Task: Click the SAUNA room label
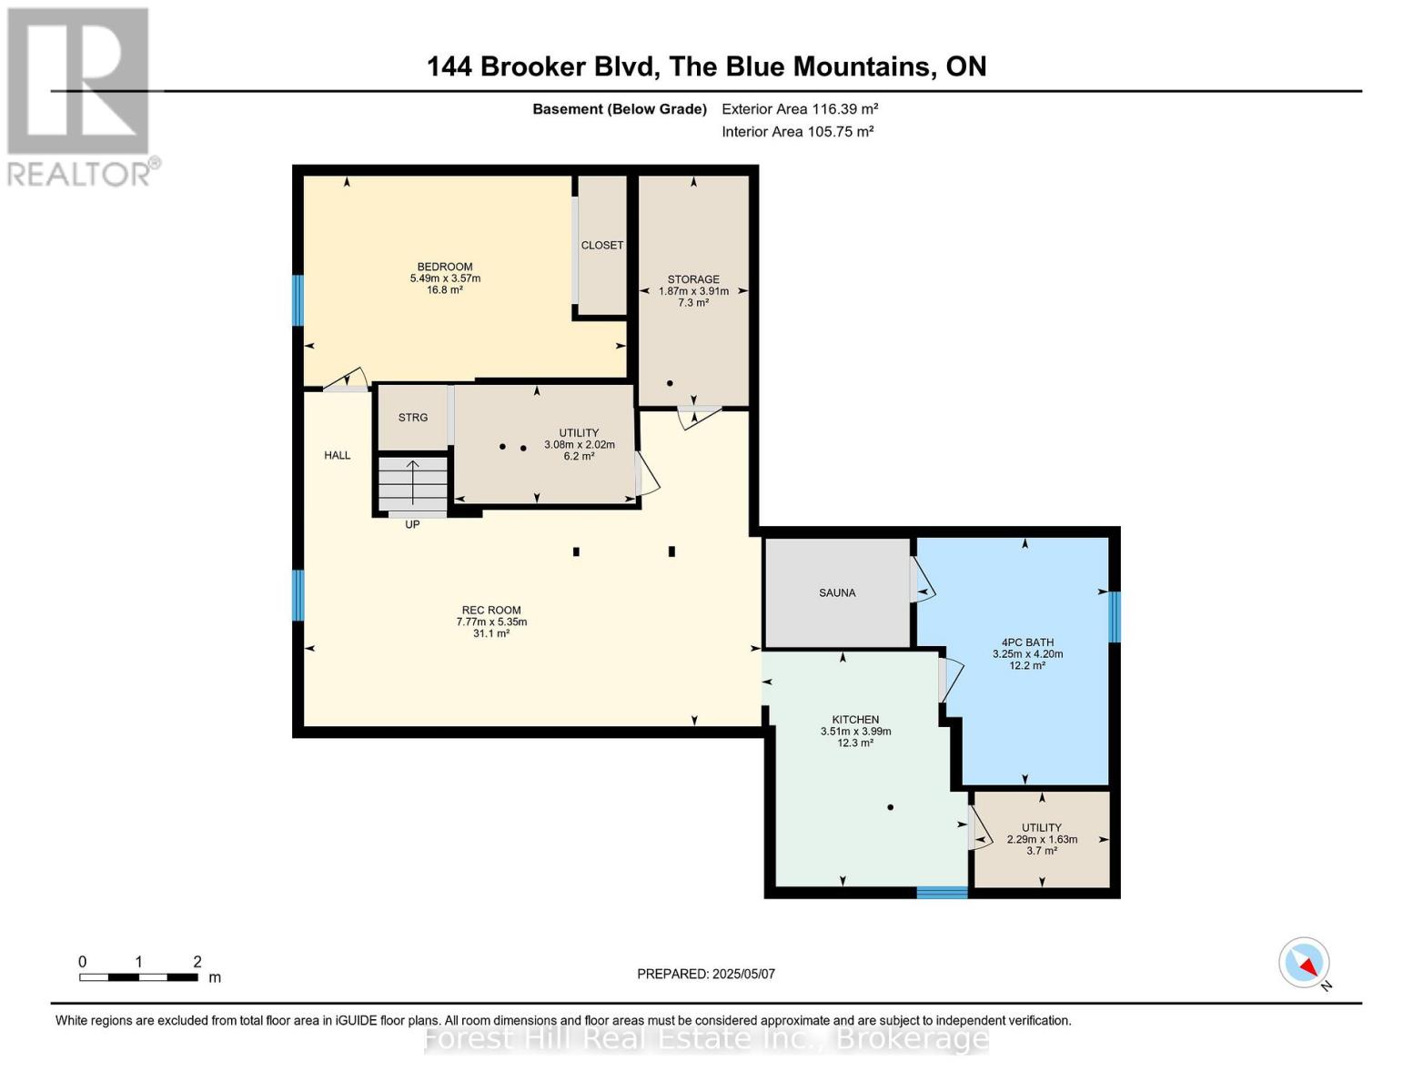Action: pyautogui.click(x=837, y=592)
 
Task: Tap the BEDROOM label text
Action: pyautogui.click(x=445, y=267)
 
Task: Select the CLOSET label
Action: pyautogui.click(x=602, y=245)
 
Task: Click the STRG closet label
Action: pyautogui.click(x=413, y=417)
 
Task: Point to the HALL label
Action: pyautogui.click(x=338, y=455)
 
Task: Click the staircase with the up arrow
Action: pyautogui.click(x=413, y=484)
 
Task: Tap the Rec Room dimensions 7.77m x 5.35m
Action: pyautogui.click(x=491, y=622)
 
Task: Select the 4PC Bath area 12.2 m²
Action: pyautogui.click(x=1027, y=665)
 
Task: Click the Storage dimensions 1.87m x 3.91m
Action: pyautogui.click(x=693, y=291)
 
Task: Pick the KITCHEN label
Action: pyautogui.click(x=855, y=719)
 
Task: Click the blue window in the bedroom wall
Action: pyautogui.click(x=298, y=300)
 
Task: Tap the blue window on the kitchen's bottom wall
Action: pyautogui.click(x=942, y=893)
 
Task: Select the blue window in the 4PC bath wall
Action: pyautogui.click(x=1115, y=616)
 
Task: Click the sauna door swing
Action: pyautogui.click(x=923, y=580)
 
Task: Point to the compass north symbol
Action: pyautogui.click(x=1305, y=963)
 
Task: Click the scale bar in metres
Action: pyautogui.click(x=138, y=977)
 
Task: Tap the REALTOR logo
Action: pyautogui.click(x=80, y=96)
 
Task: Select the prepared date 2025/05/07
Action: pyautogui.click(x=706, y=974)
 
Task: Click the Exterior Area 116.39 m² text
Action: pyautogui.click(x=800, y=108)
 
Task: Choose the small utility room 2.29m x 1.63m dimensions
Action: pyautogui.click(x=1042, y=839)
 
